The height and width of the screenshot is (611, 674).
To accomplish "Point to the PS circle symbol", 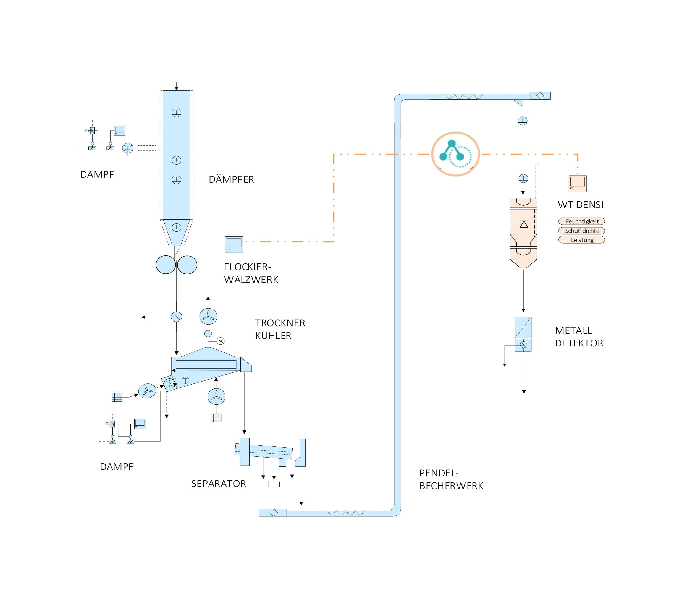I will click(x=220, y=341).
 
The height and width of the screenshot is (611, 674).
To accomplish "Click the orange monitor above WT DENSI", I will click(x=577, y=183).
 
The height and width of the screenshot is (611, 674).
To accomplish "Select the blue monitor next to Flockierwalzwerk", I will click(x=234, y=244).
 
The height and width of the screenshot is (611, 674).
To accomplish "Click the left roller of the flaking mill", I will click(x=166, y=265).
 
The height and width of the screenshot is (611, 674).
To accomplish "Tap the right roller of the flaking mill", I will click(x=187, y=265).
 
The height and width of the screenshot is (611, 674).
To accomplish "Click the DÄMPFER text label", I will click(x=231, y=180).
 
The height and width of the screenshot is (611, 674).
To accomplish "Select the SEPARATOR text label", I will click(x=218, y=484).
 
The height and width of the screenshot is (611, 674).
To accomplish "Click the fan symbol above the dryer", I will click(x=208, y=316).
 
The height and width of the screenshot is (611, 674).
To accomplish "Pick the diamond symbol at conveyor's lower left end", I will click(x=274, y=513).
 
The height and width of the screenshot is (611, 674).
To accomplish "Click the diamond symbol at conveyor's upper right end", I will click(x=540, y=96).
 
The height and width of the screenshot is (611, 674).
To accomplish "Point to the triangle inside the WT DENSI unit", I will click(x=524, y=224).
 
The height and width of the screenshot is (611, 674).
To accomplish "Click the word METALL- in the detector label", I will click(x=575, y=330).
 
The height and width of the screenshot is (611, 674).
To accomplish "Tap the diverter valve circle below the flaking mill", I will click(x=177, y=316).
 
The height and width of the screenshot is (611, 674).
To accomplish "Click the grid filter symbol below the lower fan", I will click(x=216, y=418).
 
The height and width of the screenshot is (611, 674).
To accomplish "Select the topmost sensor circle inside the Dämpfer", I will click(x=177, y=113).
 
